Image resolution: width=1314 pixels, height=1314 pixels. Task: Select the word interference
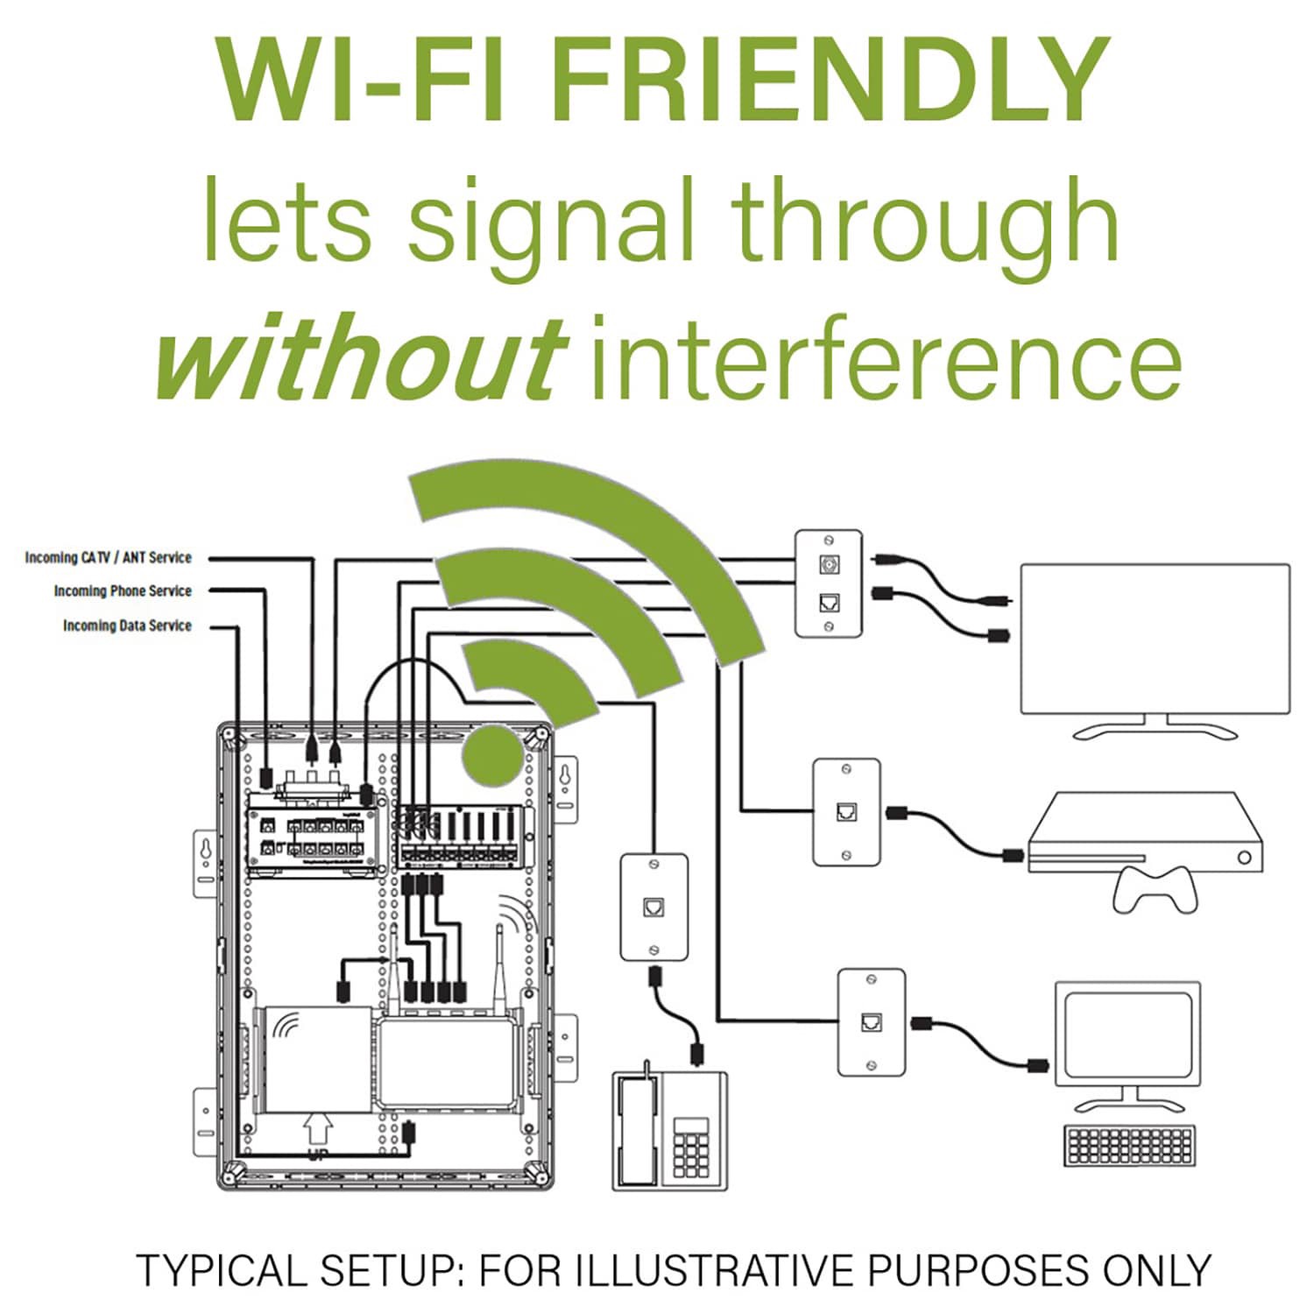pos(886,359)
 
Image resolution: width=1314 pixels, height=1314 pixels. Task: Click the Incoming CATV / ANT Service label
pos(108,557)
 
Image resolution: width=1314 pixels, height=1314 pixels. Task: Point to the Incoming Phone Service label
pos(122,591)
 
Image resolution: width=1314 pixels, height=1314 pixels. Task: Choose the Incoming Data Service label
pos(126,625)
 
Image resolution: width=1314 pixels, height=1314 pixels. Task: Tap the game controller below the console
pos(1155,889)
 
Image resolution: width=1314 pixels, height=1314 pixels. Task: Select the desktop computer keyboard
pos(1128,1145)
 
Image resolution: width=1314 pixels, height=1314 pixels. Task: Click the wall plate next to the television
pos(829,583)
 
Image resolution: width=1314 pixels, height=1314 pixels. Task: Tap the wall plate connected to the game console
pos(846,812)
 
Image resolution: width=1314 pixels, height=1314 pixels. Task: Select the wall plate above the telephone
pos(653,908)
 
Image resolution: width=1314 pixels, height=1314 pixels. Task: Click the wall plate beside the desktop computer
pos(871,1021)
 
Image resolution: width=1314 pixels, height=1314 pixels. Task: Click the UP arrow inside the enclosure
pos(318,1130)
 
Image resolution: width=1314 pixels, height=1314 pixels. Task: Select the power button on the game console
pos(1244,858)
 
